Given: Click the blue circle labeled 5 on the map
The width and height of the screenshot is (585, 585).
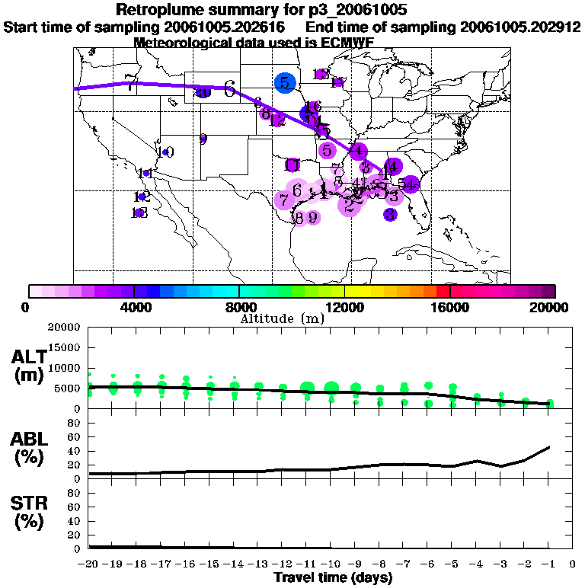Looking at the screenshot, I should (x=284, y=83).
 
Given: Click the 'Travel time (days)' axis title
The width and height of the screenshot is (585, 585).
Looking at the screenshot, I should (x=333, y=577).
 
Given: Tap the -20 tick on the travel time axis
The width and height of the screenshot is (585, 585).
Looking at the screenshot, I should (x=89, y=564).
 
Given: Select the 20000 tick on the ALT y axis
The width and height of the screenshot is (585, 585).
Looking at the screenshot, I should (x=65, y=328).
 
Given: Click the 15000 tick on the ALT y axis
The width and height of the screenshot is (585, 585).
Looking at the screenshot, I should (x=65, y=348).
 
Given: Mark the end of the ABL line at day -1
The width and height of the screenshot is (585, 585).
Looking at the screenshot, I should (x=550, y=447).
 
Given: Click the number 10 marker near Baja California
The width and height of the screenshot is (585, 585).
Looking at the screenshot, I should (x=166, y=152).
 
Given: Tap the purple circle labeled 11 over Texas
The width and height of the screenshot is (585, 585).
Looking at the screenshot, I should (x=292, y=165).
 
